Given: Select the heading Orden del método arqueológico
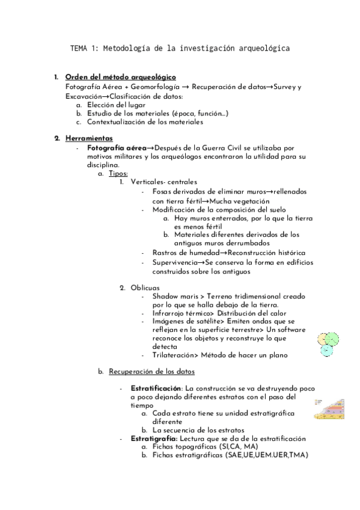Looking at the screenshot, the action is (120, 77).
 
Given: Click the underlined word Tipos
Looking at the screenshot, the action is (118, 174).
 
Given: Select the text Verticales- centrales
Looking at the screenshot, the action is (163, 182).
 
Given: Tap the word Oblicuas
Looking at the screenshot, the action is (145, 287).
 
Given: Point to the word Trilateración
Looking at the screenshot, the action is (176, 356).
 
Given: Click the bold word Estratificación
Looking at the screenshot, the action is (156, 389).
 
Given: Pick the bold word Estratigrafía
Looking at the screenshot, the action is (152, 439).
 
